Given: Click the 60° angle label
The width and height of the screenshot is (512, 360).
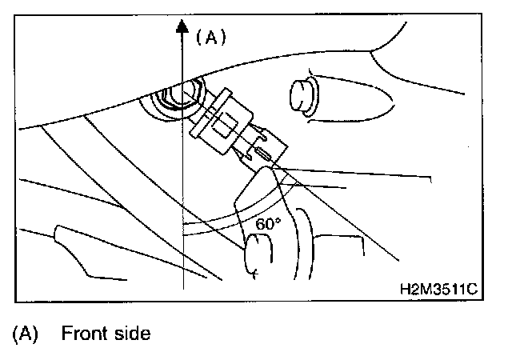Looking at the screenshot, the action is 268,225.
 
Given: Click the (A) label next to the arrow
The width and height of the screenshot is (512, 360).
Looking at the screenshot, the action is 211,36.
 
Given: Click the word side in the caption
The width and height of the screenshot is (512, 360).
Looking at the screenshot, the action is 129,334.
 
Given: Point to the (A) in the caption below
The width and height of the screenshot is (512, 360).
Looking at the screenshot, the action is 26,334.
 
